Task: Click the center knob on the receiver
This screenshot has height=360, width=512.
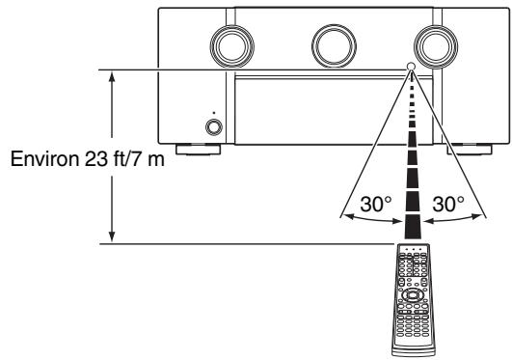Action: point(334,46)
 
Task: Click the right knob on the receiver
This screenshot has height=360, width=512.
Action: point(436,46)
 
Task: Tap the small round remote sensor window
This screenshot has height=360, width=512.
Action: point(411,67)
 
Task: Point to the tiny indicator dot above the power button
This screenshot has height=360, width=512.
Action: point(214,113)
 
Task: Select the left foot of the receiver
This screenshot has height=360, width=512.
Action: point(198,149)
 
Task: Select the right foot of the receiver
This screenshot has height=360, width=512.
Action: point(470,149)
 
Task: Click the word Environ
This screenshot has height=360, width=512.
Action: point(44,159)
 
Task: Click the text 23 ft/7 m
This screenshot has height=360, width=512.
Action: point(124,159)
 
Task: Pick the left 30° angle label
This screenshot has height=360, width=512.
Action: point(375,204)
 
